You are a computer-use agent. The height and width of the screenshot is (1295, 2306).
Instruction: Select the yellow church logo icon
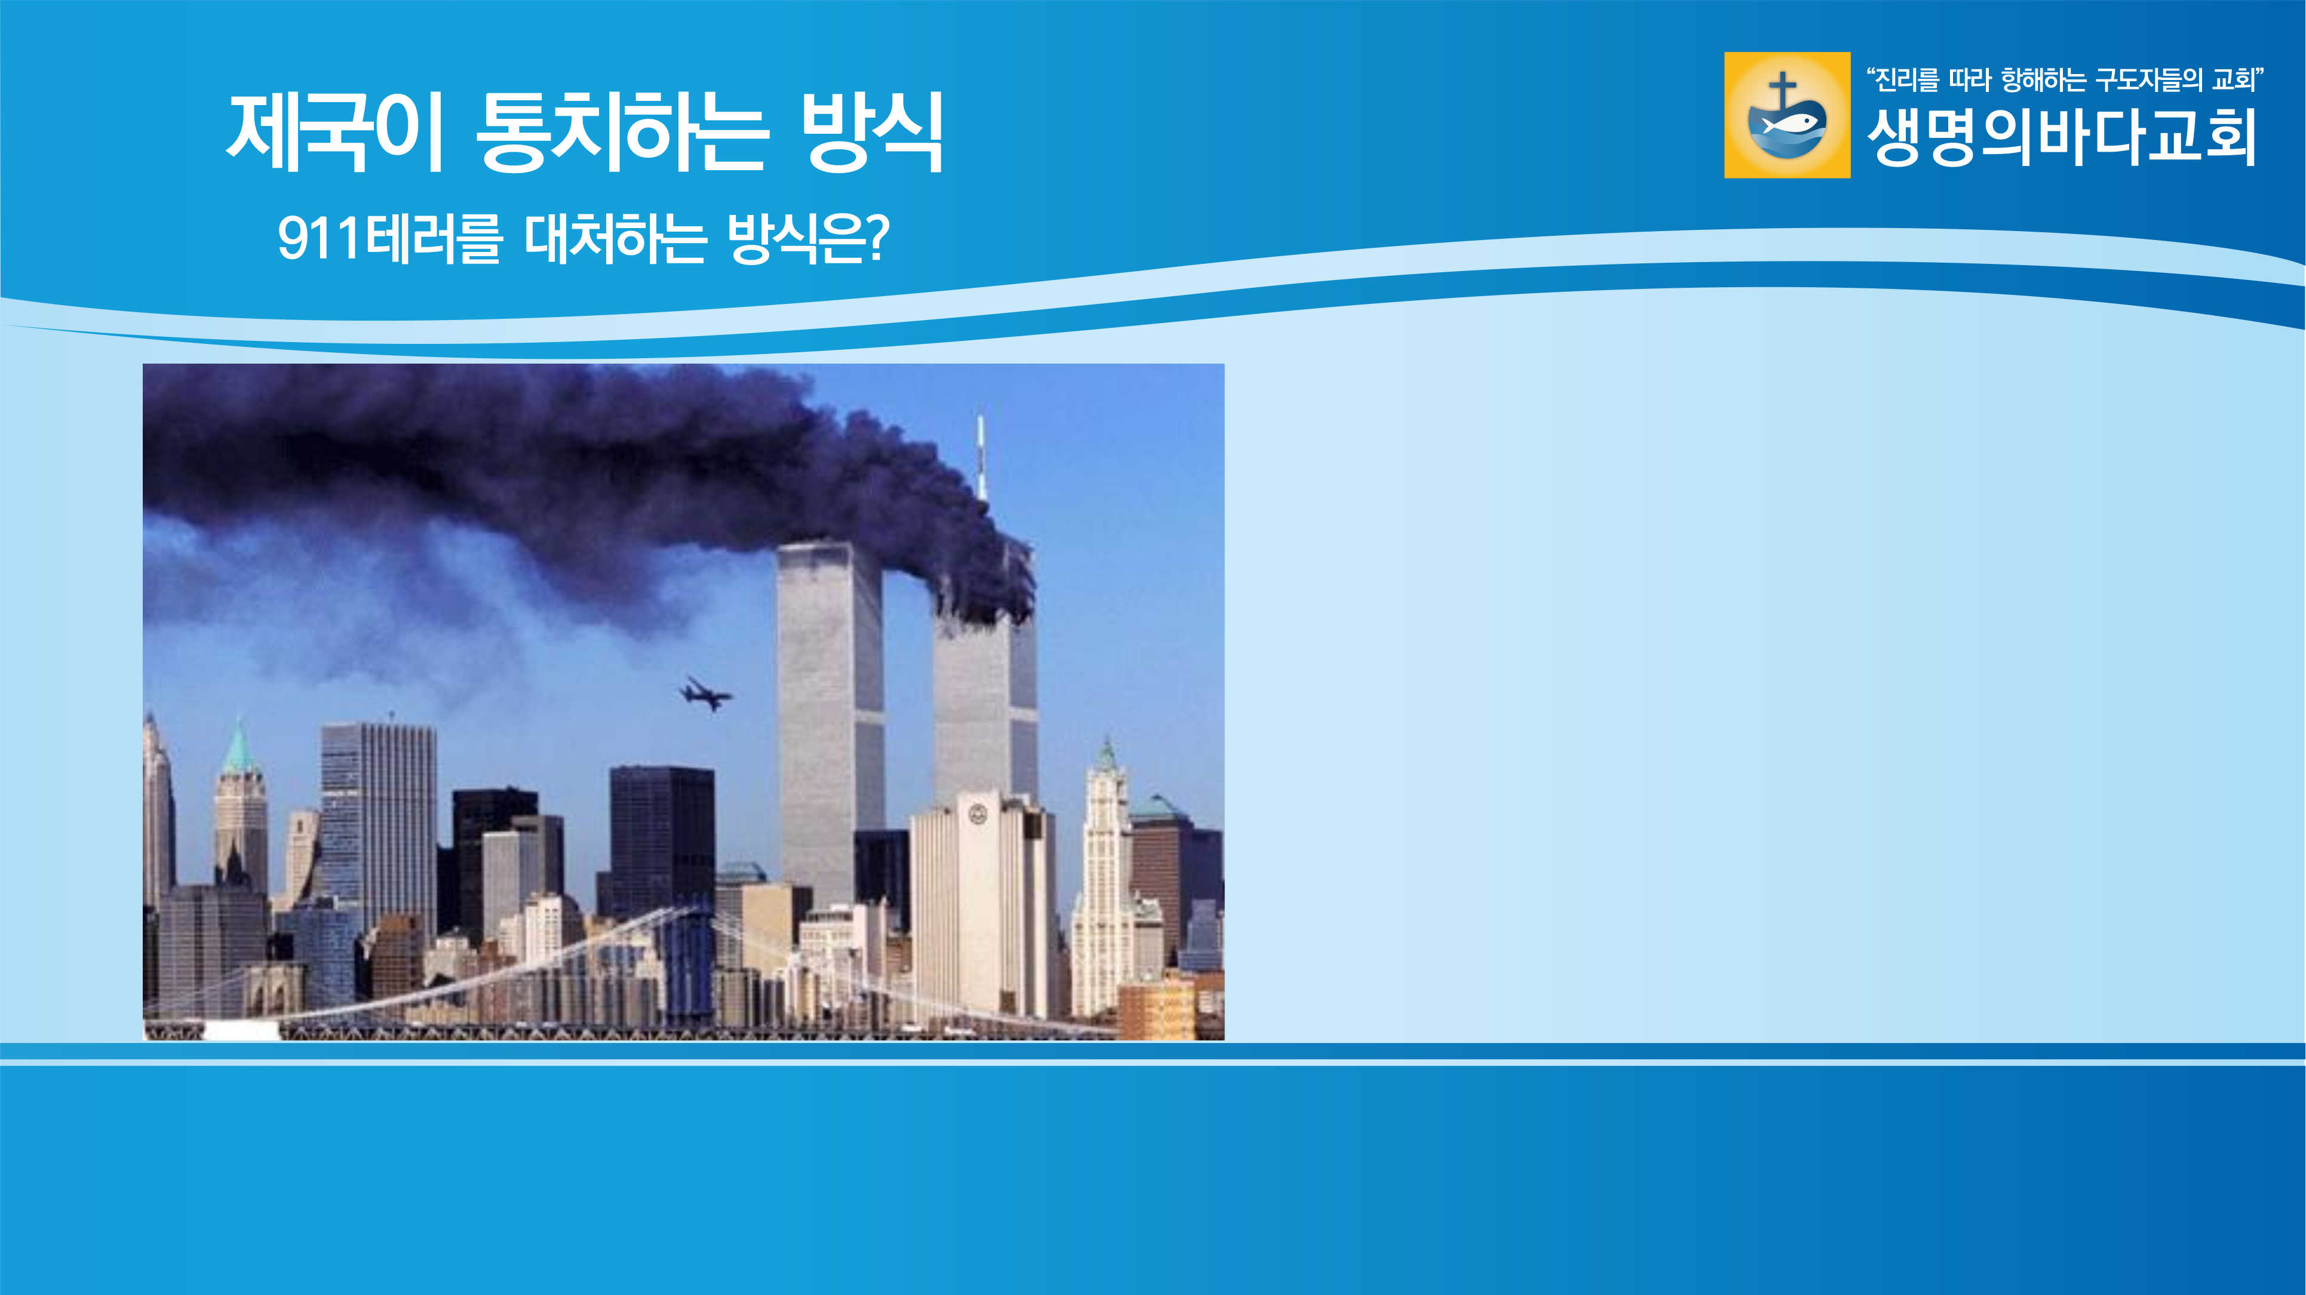[1787, 115]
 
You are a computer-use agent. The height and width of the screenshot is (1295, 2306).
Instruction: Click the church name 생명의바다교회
[2062, 137]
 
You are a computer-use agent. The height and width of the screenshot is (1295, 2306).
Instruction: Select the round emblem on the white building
[978, 814]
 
